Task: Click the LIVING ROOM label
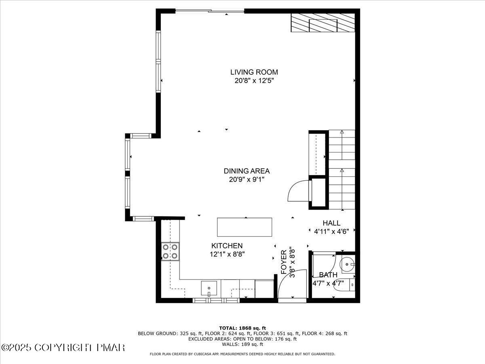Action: coord(254,72)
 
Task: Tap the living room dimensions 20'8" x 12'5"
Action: coord(254,80)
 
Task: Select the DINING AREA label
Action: coord(247,171)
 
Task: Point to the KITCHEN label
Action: coord(227,245)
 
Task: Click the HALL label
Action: coord(331,223)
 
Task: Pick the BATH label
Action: coord(328,275)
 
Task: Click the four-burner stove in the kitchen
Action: coord(170,251)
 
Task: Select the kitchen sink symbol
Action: coord(209,289)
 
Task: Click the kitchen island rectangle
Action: coord(245,227)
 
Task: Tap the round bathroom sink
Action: coord(347,265)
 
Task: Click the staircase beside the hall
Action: coord(342,170)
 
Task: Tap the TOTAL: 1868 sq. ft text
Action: coord(242,328)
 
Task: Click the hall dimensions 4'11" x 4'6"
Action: coord(331,232)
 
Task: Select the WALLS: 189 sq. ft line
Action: coord(242,345)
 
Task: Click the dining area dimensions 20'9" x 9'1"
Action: coord(247,180)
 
